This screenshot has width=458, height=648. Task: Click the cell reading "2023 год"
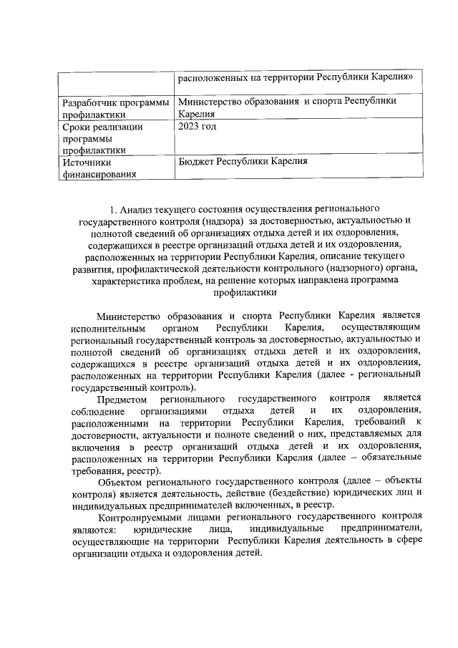click(197, 127)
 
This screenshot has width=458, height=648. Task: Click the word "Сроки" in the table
click(77, 127)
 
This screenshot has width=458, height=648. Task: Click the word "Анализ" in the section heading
click(138, 210)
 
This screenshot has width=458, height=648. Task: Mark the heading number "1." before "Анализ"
click(114, 210)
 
